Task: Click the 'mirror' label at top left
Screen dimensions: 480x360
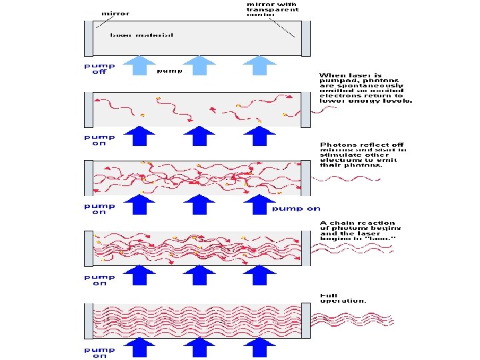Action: click(x=115, y=12)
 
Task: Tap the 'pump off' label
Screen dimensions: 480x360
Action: click(x=99, y=69)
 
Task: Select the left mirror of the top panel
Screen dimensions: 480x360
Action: click(x=89, y=38)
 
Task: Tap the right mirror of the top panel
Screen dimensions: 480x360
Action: click(x=306, y=38)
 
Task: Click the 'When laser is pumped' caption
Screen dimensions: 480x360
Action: click(x=366, y=88)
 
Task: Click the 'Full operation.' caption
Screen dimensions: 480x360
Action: click(x=343, y=298)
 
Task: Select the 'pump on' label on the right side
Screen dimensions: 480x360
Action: click(x=296, y=209)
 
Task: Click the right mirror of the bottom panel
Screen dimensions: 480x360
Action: click(x=306, y=321)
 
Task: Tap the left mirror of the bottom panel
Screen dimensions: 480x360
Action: click(x=89, y=321)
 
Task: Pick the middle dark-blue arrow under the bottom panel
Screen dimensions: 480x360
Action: click(x=197, y=348)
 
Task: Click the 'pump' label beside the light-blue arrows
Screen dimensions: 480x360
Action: click(x=168, y=70)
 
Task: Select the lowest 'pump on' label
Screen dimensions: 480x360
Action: click(x=99, y=351)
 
